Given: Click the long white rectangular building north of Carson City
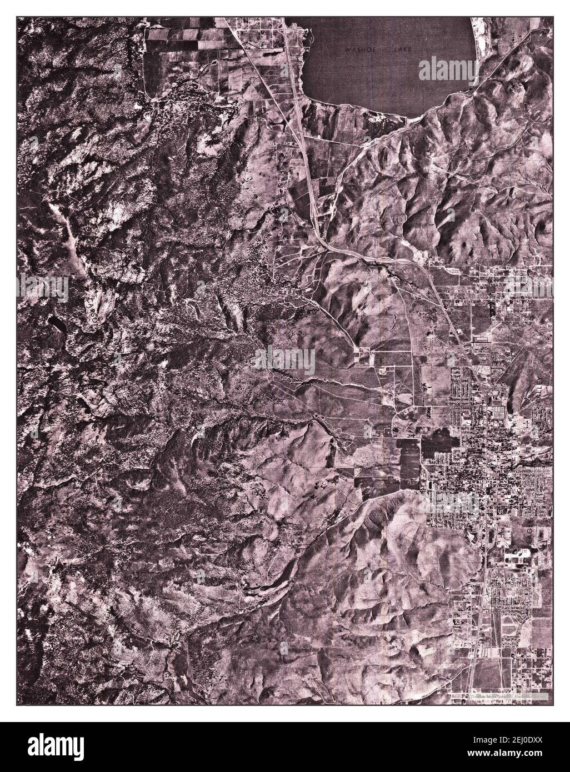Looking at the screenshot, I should (481, 337).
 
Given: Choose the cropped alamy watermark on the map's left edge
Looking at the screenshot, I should (42, 289).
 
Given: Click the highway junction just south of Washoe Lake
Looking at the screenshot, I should (314, 214).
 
